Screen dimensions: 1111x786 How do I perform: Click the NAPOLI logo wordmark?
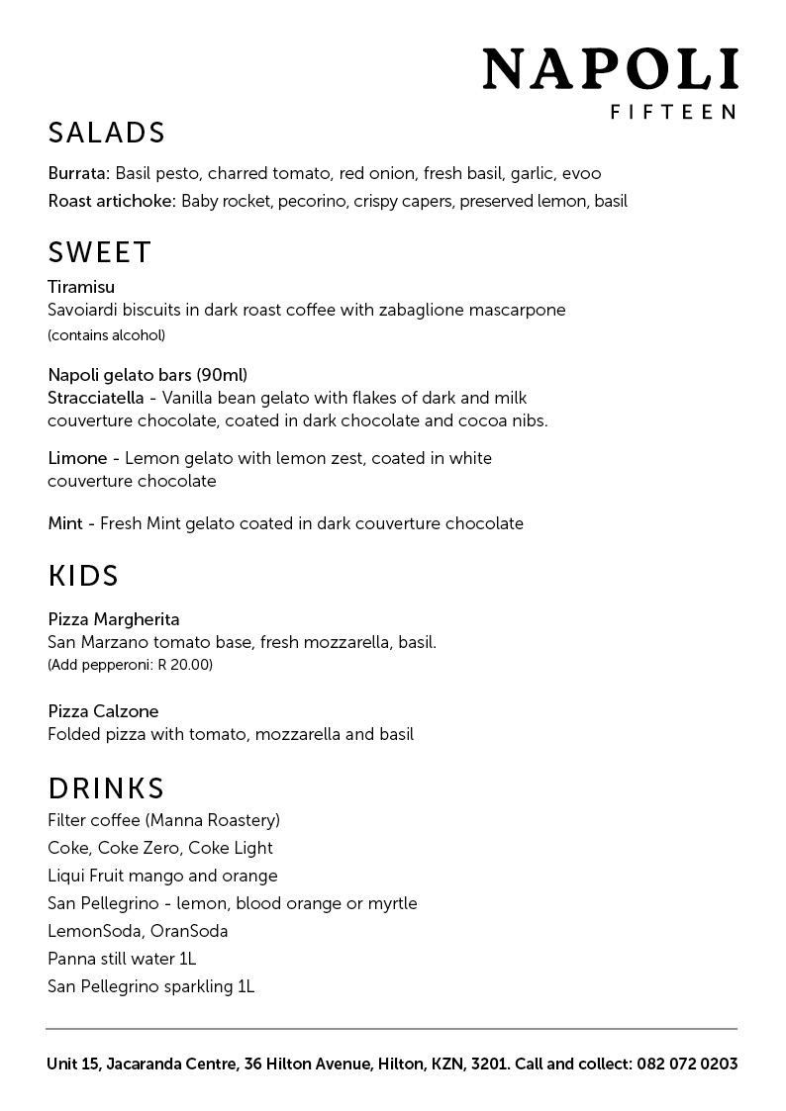tap(610, 70)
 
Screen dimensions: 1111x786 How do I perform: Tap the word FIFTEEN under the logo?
tap(672, 113)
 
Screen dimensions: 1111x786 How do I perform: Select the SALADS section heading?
tap(106, 133)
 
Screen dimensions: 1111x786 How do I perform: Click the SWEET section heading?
tap(99, 252)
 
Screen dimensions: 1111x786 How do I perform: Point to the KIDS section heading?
tap(83, 575)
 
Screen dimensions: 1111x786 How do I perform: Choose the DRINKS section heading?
tap(106, 788)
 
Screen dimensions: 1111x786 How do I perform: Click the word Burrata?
tap(79, 173)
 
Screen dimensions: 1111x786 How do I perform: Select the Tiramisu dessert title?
tap(81, 287)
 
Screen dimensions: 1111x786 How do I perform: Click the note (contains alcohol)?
tap(106, 335)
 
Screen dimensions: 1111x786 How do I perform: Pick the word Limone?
tap(77, 458)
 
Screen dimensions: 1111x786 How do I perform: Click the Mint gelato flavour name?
tap(64, 523)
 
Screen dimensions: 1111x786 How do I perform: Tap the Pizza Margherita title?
tap(114, 619)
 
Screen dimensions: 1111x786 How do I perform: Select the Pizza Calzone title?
tap(103, 711)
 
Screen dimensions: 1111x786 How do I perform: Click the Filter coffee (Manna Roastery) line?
tap(164, 820)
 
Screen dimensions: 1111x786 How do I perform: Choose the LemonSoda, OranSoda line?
tap(138, 931)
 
